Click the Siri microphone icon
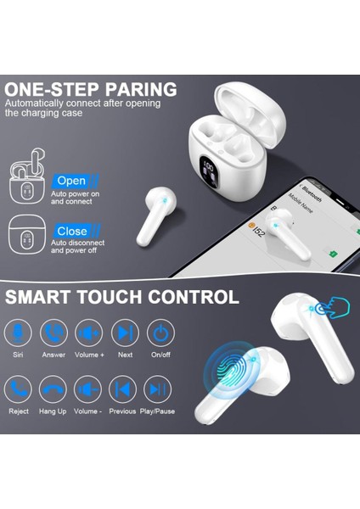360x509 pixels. [x=18, y=333]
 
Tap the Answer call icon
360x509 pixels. [x=53, y=333]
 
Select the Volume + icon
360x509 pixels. [x=88, y=333]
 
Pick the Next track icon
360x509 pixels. [x=125, y=333]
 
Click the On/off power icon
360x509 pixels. [x=160, y=333]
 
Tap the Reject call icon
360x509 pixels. [x=18, y=389]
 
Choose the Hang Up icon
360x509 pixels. [x=53, y=389]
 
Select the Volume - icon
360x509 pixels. [x=88, y=389]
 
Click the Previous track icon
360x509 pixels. [x=125, y=389]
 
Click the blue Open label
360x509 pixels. [x=72, y=181]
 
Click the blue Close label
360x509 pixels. [x=72, y=231]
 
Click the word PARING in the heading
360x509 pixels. [x=138, y=90]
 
